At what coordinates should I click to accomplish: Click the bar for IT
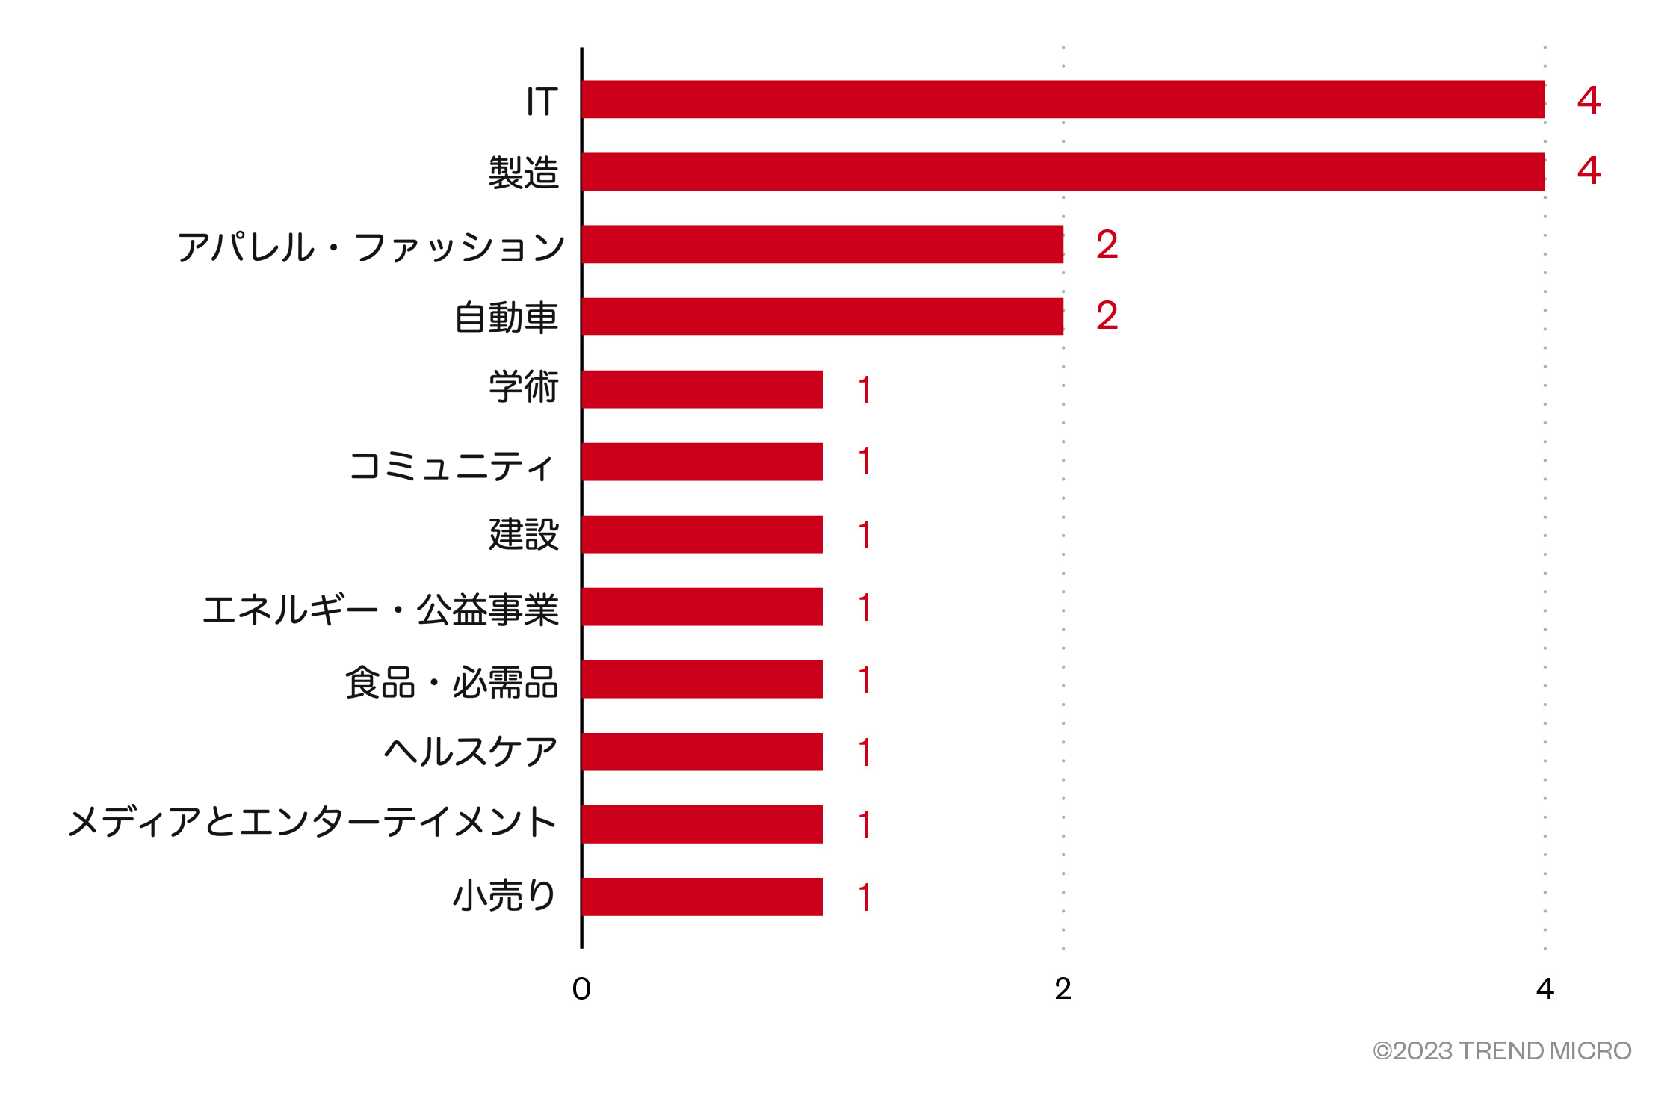(x=1063, y=99)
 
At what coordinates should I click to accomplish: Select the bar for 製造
(x=1063, y=172)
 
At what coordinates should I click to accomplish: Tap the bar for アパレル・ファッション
(x=822, y=244)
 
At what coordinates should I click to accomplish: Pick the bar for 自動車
(x=822, y=317)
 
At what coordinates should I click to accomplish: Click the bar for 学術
(x=702, y=389)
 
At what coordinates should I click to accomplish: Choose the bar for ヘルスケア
(x=702, y=752)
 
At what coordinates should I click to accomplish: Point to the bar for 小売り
(x=702, y=897)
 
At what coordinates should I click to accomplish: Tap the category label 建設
(x=523, y=535)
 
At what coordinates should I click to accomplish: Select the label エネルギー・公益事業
(x=380, y=610)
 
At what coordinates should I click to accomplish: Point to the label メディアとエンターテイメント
(x=312, y=823)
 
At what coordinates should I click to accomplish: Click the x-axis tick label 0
(x=581, y=989)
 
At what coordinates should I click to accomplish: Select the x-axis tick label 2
(x=1063, y=989)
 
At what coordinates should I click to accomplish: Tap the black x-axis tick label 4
(x=1545, y=989)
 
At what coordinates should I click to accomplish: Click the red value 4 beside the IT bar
(x=1589, y=100)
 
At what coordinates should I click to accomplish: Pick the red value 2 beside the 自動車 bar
(x=1107, y=315)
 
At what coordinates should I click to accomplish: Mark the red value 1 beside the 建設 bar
(x=865, y=535)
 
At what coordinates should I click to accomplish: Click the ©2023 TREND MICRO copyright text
(x=1501, y=1051)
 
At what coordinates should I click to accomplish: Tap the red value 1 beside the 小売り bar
(x=865, y=897)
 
